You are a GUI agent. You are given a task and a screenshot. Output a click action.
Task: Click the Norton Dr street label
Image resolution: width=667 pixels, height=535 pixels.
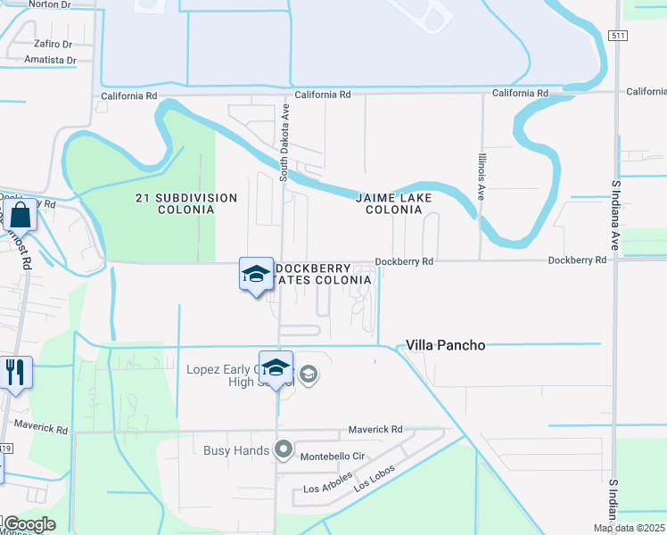point(49,4)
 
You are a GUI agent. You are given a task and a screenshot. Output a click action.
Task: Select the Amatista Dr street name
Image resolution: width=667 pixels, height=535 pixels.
point(50,61)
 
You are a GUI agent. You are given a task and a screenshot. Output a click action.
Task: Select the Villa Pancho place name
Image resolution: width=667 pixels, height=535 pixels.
point(446,345)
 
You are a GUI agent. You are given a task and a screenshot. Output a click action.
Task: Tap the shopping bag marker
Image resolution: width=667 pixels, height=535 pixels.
point(21,215)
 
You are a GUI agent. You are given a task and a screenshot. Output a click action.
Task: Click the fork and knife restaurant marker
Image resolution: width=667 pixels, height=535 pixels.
point(15,372)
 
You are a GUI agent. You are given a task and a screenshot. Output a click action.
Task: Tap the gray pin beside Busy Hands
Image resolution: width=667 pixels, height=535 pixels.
point(284,450)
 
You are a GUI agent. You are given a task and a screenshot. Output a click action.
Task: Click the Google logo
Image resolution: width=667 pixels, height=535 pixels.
point(29,524)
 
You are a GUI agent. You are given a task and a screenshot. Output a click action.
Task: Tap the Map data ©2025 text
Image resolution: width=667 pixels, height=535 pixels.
point(630,528)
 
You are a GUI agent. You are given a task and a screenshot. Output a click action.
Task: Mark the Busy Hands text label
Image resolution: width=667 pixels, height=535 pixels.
point(236,450)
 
